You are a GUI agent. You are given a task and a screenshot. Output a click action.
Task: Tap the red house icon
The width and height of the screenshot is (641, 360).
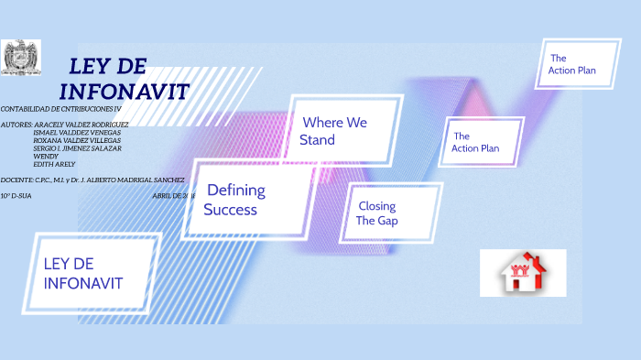[x=522, y=272]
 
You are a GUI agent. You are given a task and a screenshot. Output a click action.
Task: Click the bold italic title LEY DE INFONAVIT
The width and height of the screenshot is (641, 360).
[x=124, y=80]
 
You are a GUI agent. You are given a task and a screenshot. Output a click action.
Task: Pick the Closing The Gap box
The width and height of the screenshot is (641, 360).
[x=388, y=213]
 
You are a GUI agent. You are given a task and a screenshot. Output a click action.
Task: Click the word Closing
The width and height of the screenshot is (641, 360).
[x=376, y=206]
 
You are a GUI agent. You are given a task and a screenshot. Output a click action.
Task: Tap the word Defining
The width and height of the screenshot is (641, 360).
[x=235, y=191]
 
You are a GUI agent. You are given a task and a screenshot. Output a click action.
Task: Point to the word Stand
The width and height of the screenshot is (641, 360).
[x=317, y=140]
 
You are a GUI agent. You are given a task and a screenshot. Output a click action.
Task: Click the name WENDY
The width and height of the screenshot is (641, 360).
[x=45, y=156]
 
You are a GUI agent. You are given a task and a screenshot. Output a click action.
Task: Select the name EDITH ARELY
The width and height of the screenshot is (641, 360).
[x=54, y=163]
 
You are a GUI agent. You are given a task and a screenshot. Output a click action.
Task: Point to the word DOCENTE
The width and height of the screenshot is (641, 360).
[x=16, y=180]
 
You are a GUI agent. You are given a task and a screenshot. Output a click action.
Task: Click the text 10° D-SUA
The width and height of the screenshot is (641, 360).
[x=16, y=196]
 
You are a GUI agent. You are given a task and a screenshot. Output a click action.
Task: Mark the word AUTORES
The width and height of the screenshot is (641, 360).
[x=16, y=124]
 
